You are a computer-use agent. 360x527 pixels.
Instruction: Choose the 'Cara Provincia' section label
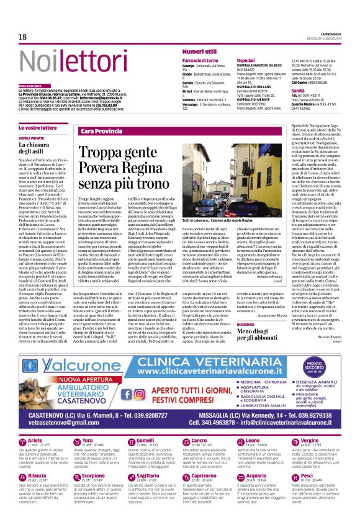click(x=101, y=132)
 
